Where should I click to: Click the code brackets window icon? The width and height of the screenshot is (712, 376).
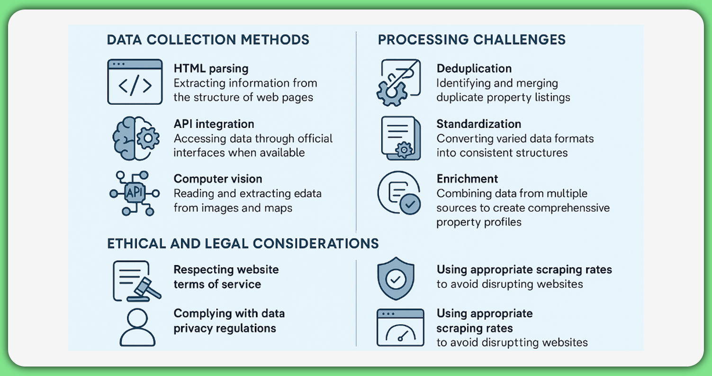click(x=135, y=82)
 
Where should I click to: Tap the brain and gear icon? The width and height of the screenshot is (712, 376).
click(x=135, y=138)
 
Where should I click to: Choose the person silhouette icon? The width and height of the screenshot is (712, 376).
click(x=137, y=327)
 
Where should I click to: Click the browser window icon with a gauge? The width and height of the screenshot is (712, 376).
click(x=400, y=327)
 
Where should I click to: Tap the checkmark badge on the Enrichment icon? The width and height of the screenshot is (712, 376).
click(x=410, y=204)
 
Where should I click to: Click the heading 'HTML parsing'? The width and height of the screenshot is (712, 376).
click(x=211, y=68)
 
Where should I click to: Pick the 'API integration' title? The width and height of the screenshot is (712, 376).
click(x=214, y=124)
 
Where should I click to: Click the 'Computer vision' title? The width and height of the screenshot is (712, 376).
click(x=217, y=179)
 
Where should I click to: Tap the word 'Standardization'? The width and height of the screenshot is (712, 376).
click(x=478, y=124)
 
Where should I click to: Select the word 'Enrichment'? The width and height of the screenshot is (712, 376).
click(x=467, y=179)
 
